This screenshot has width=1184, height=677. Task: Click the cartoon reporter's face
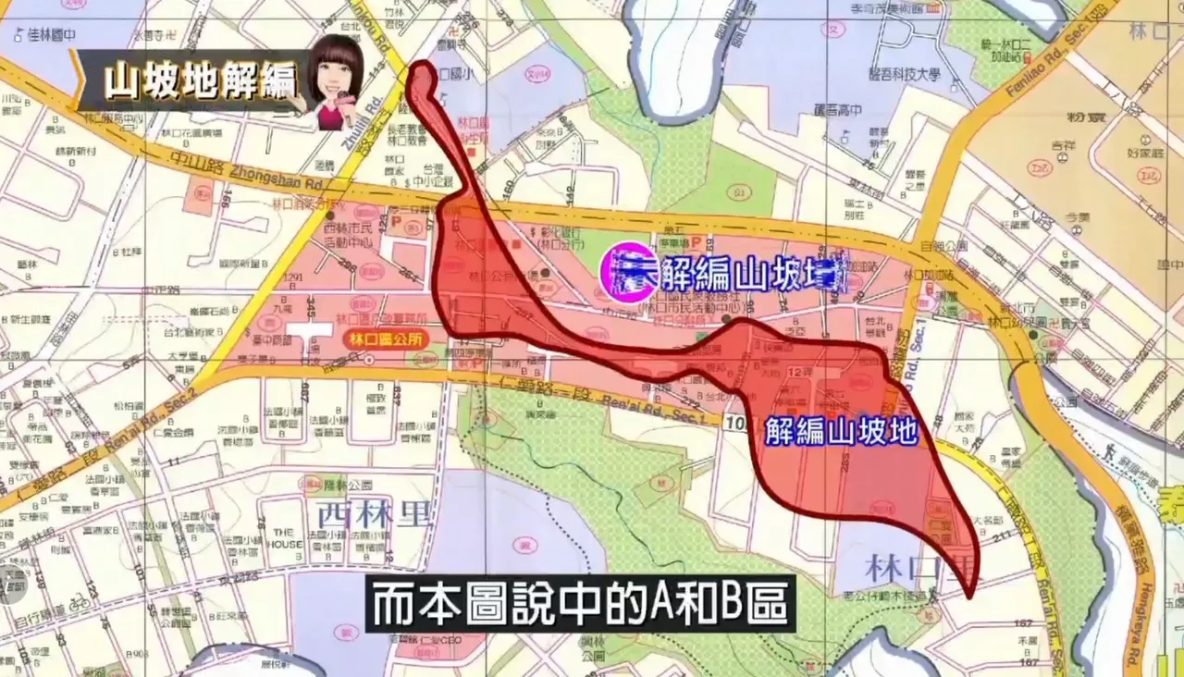pos(335,76)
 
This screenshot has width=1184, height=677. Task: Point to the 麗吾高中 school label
pos(836,110)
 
